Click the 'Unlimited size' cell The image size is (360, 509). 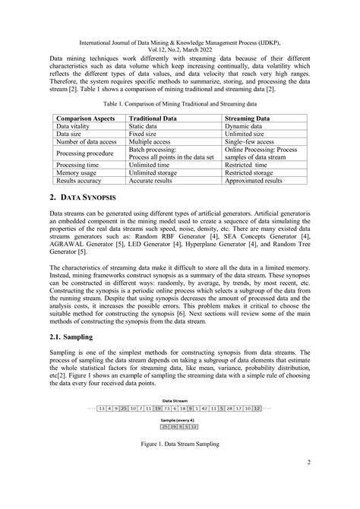point(248,137)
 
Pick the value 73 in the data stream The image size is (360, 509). point(179,408)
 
